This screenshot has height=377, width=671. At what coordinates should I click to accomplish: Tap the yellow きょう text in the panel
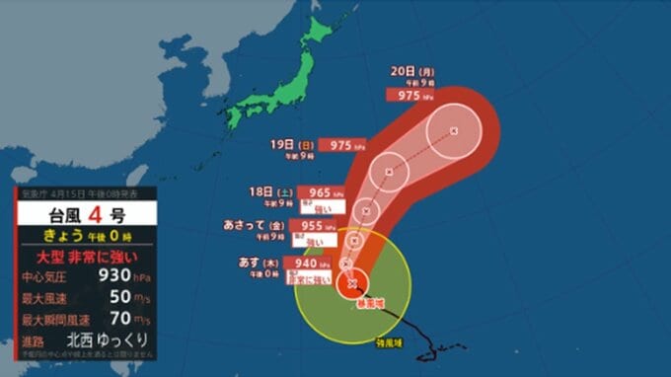point(54,235)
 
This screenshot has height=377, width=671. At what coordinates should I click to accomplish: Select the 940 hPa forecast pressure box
point(307,264)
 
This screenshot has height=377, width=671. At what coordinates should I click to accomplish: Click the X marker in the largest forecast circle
point(453,130)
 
